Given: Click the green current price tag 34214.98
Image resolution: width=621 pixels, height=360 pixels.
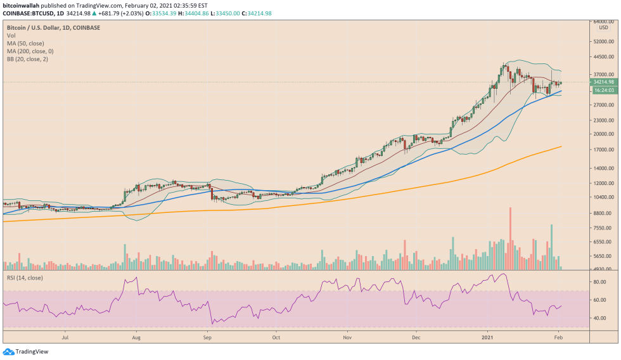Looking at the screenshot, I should [603, 82].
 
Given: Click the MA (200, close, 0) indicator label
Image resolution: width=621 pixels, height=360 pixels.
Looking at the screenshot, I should [30, 51].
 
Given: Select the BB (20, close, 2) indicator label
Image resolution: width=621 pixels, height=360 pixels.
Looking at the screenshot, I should [27, 59].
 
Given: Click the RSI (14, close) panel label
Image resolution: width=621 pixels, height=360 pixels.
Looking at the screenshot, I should [25, 278].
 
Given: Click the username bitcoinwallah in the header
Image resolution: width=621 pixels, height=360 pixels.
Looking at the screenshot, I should [22, 4].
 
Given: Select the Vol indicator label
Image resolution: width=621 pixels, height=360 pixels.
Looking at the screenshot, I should [11, 36].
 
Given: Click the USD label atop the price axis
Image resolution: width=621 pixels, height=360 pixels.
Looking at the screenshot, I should [603, 27].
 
